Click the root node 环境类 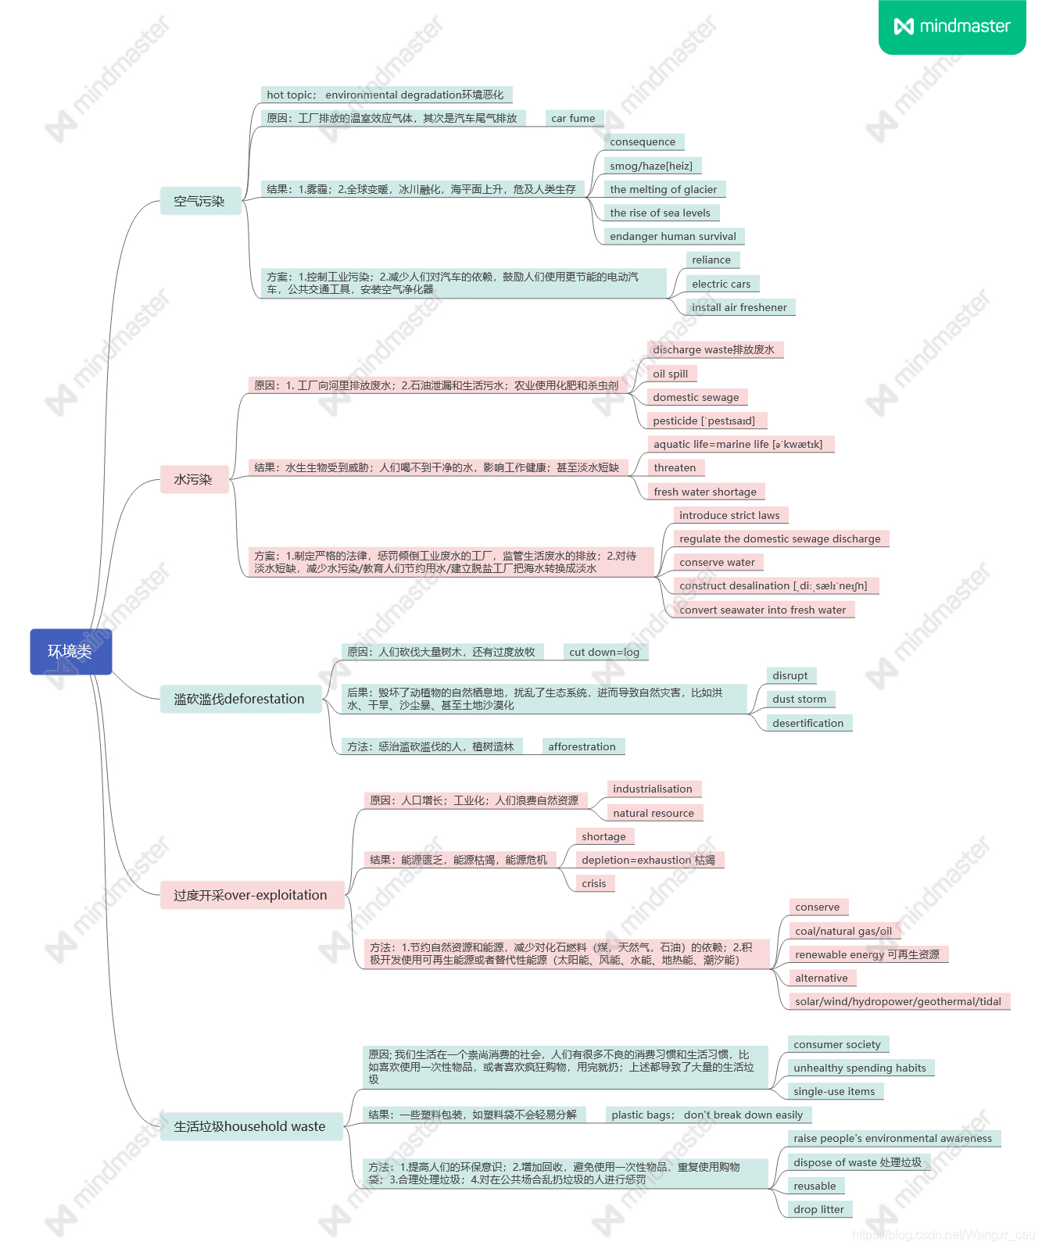70,651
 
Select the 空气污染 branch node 200,201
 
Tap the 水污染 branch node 194,479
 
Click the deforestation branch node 240,699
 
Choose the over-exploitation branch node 251,895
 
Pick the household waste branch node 250,1126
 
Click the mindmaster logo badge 951,27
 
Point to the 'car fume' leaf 573,118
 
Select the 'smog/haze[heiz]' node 651,166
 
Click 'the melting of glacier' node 664,189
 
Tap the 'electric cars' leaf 721,284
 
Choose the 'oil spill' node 671,374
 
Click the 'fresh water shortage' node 705,492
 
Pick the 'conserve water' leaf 718,562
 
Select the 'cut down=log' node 604,652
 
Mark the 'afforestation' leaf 582,746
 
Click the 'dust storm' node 800,699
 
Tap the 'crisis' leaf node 594,883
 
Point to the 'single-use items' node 834,1091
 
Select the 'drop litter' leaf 818,1209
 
